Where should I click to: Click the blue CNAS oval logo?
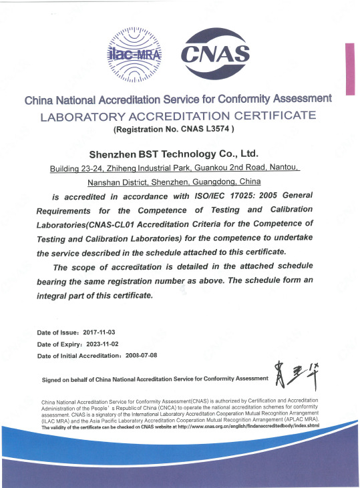pyautogui.click(x=216, y=53)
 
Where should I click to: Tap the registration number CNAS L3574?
pyautogui.click(x=203, y=129)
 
